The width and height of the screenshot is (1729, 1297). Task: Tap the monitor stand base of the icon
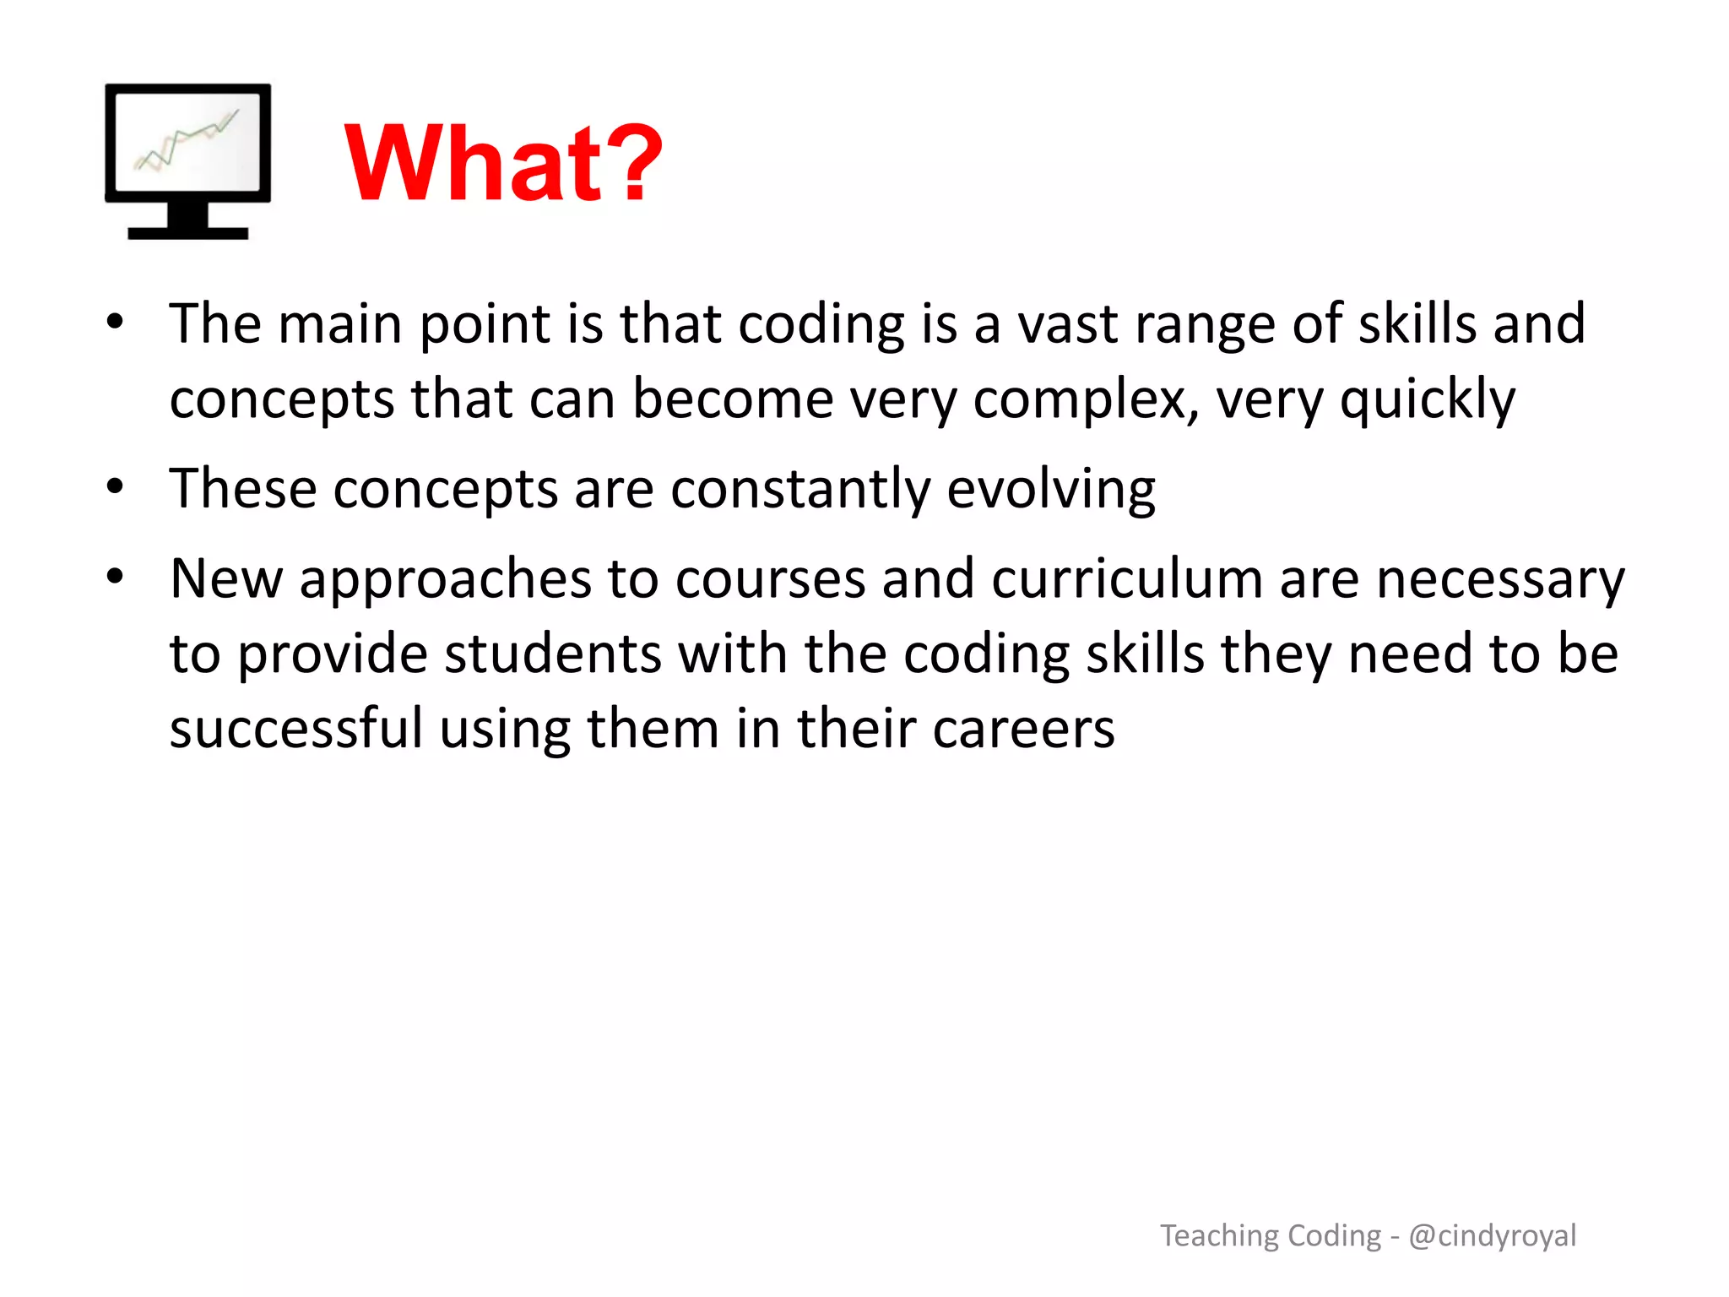(x=187, y=232)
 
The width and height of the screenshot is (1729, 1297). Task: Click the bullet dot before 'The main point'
(x=116, y=322)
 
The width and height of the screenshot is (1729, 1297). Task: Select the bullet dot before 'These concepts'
(x=116, y=487)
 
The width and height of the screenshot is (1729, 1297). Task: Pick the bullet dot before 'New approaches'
(x=116, y=578)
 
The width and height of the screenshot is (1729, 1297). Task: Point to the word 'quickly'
(x=1428, y=399)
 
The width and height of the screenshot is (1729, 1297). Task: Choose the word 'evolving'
(x=1051, y=489)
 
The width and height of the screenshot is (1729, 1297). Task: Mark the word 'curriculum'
(x=1127, y=579)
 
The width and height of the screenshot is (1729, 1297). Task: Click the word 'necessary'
(x=1500, y=581)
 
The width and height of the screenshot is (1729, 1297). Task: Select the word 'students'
(x=553, y=654)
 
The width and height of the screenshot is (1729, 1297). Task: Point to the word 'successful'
(x=295, y=728)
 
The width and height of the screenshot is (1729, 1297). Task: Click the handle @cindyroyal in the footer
(x=1492, y=1235)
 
